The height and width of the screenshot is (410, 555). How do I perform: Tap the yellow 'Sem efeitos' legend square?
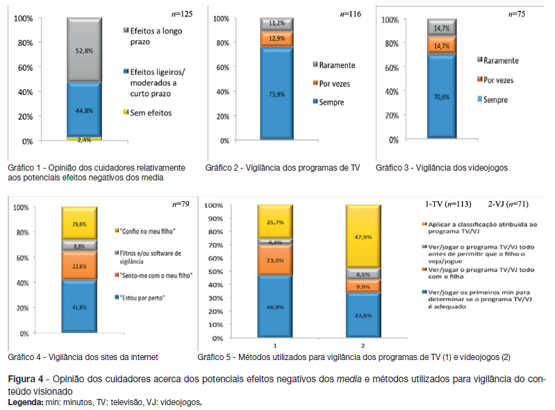126,112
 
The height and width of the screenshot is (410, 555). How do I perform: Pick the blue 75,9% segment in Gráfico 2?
276,94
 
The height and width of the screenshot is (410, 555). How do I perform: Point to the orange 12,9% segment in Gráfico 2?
276,39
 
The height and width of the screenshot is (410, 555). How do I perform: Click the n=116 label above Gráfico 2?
350,13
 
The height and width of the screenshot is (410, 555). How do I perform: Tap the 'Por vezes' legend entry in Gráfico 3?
499,80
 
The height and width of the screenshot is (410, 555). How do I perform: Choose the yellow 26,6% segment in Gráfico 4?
79,223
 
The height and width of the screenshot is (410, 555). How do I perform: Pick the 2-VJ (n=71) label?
508,204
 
